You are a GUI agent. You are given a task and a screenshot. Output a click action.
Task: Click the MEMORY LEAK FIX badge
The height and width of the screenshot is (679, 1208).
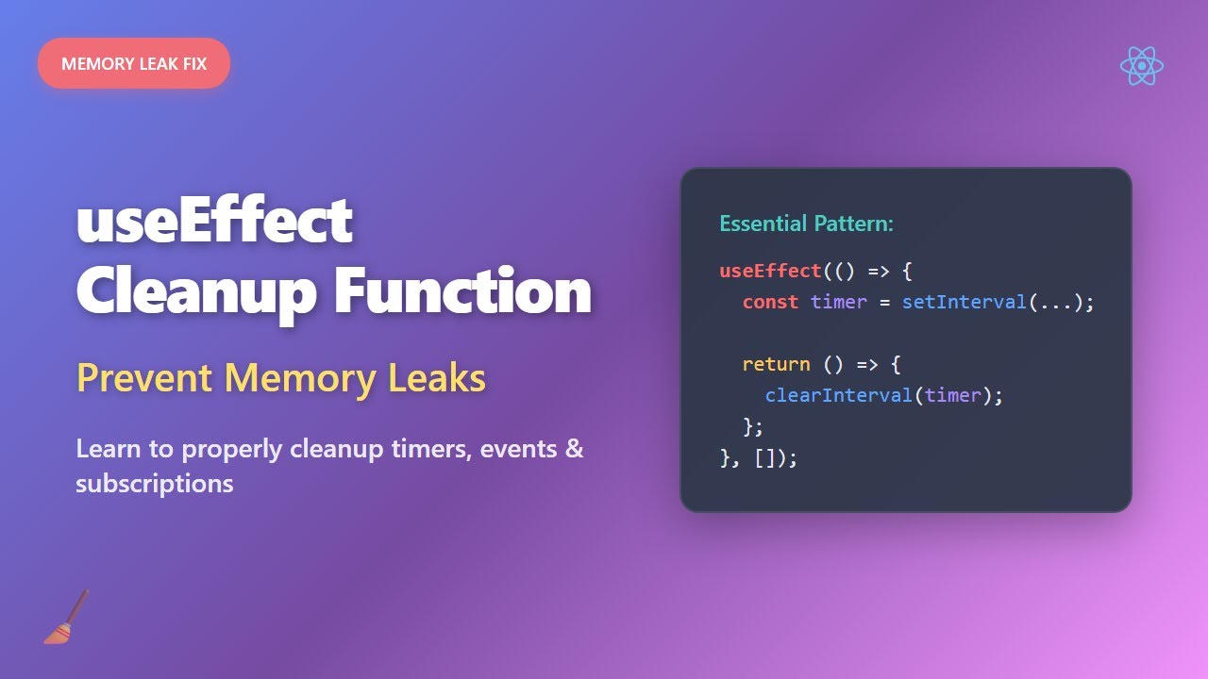(134, 64)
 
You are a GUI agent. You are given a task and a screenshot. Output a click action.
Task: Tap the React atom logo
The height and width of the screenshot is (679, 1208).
(1141, 66)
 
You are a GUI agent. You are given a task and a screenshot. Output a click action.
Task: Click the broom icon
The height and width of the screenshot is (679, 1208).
(66, 618)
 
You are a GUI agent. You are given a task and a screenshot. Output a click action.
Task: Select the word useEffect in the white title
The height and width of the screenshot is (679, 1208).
(214, 221)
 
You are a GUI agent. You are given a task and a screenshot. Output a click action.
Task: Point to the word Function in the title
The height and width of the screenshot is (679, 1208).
(462, 292)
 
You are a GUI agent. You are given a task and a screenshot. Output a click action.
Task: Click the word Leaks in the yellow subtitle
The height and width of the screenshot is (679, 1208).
(437, 378)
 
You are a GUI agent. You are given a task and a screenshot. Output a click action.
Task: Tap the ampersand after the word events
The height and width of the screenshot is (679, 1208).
(574, 449)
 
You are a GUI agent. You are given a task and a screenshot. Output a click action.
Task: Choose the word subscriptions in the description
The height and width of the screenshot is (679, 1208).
(155, 484)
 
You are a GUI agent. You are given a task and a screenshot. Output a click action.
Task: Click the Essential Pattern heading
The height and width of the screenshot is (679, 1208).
(806, 224)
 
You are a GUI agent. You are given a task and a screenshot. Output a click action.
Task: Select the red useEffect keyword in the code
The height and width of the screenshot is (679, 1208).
(770, 271)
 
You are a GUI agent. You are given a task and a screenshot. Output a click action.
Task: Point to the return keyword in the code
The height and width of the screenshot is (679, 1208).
(776, 364)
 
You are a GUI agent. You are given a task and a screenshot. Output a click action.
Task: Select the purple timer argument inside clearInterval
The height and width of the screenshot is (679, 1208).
(952, 395)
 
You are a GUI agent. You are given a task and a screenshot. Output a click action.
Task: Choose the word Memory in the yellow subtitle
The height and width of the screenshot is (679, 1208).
(300, 378)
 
